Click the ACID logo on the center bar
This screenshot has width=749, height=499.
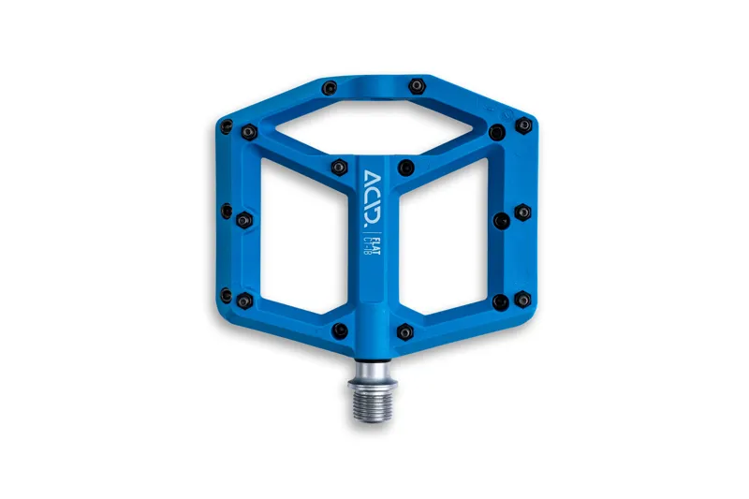(373, 198)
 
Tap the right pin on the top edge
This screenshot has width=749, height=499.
(416, 86)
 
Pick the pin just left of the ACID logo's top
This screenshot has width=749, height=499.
(339, 168)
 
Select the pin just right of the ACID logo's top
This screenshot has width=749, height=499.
(405, 168)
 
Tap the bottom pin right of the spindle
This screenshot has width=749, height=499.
(404, 330)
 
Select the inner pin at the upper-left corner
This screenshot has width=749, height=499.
(248, 132)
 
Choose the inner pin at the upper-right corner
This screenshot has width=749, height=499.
(497, 132)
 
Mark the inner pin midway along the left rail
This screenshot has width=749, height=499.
(244, 220)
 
